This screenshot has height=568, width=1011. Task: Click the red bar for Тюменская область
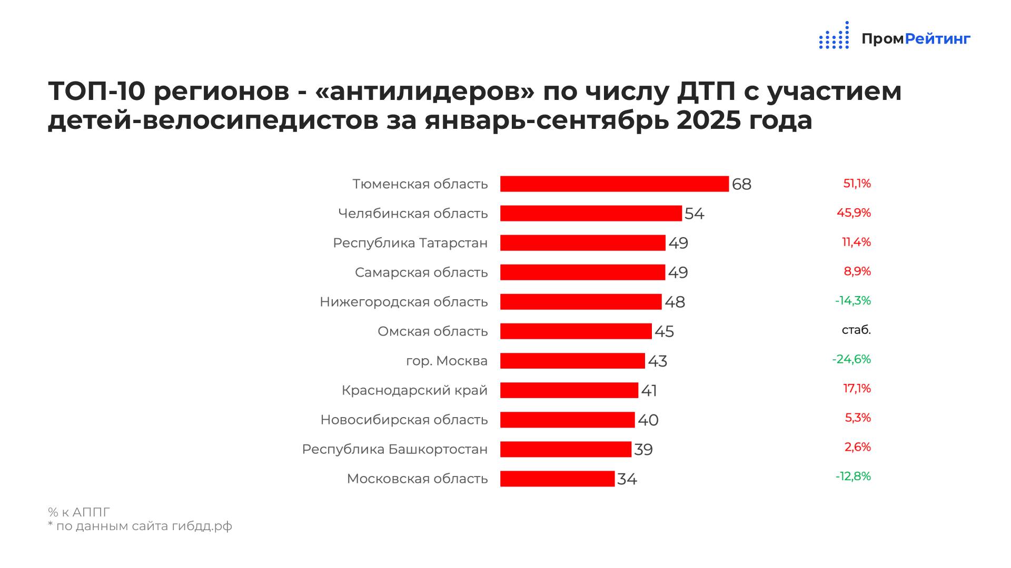[x=614, y=184]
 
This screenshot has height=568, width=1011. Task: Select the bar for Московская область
[x=557, y=479]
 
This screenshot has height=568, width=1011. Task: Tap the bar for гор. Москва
[x=572, y=361]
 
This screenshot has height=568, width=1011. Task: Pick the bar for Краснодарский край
[x=569, y=390]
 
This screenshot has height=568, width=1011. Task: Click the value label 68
[x=741, y=185]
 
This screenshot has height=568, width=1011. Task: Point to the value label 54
[x=694, y=214]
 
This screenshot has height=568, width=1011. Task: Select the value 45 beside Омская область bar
[x=664, y=332]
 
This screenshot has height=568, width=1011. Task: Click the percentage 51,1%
[x=857, y=184]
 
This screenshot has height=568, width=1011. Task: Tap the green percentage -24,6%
[x=851, y=359]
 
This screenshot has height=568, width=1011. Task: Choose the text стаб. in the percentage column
[x=856, y=330]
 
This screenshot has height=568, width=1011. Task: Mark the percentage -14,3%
[x=853, y=301]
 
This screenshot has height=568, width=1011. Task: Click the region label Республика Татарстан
[x=410, y=243]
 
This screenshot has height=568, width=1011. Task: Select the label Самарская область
[x=421, y=272]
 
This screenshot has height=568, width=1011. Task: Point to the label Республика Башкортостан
[x=394, y=449]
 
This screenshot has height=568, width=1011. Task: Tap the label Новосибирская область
[x=404, y=420]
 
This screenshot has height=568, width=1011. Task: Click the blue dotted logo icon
[x=834, y=36]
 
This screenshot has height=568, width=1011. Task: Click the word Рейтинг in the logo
[x=937, y=39]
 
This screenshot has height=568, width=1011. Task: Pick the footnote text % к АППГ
[x=79, y=512]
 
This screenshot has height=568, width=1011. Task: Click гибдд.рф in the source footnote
[x=202, y=526]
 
